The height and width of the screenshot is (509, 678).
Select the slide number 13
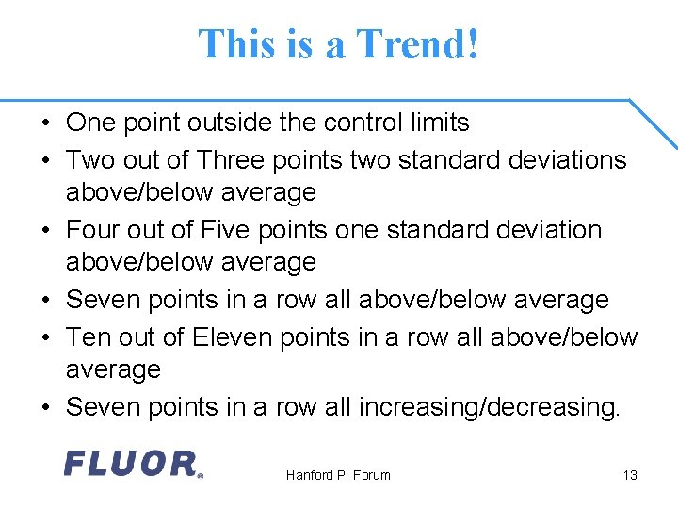tap(630, 475)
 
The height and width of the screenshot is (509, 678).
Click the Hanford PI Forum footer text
tap(338, 475)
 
